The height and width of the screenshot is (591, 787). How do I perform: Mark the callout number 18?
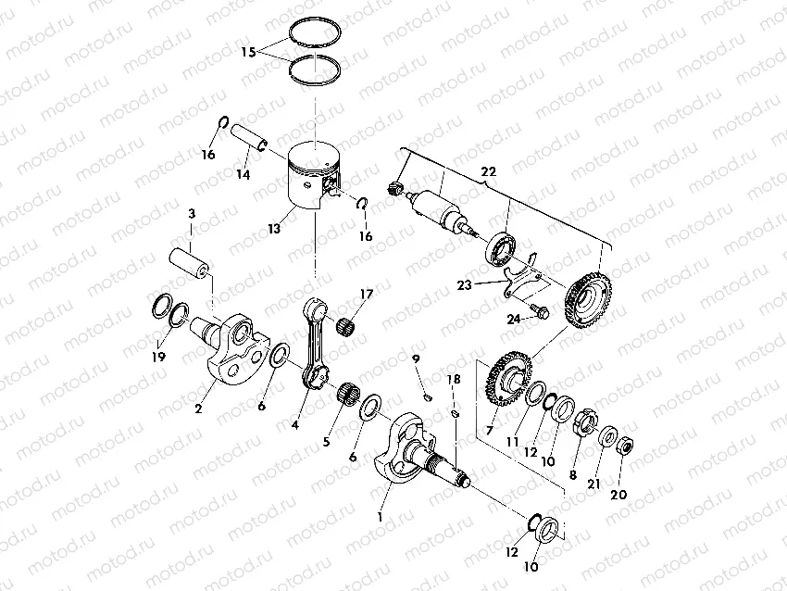click(x=453, y=380)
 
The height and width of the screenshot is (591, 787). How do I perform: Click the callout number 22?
click(x=489, y=170)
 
